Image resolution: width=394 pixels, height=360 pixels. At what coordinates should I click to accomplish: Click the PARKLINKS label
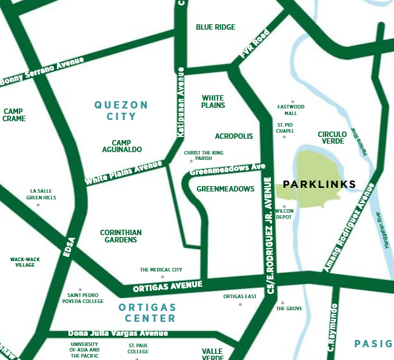(x=319, y=184)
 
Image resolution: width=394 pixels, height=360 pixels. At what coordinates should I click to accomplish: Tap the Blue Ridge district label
(x=215, y=27)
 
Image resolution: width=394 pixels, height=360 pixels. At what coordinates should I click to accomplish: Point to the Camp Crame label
(x=14, y=115)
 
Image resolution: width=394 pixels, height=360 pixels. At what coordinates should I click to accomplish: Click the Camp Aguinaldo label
(x=126, y=145)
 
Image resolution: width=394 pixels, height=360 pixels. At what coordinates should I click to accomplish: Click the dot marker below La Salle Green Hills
(x=38, y=205)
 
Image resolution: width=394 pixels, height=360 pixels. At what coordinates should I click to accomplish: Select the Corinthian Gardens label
(x=121, y=236)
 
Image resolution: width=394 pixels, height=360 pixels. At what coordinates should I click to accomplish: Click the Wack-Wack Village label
(x=25, y=262)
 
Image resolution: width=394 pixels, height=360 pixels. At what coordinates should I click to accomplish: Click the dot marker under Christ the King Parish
(x=191, y=161)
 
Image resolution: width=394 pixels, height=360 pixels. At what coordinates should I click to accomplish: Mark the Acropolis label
(x=234, y=136)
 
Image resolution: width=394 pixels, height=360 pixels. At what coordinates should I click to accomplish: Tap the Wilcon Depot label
(x=284, y=213)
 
